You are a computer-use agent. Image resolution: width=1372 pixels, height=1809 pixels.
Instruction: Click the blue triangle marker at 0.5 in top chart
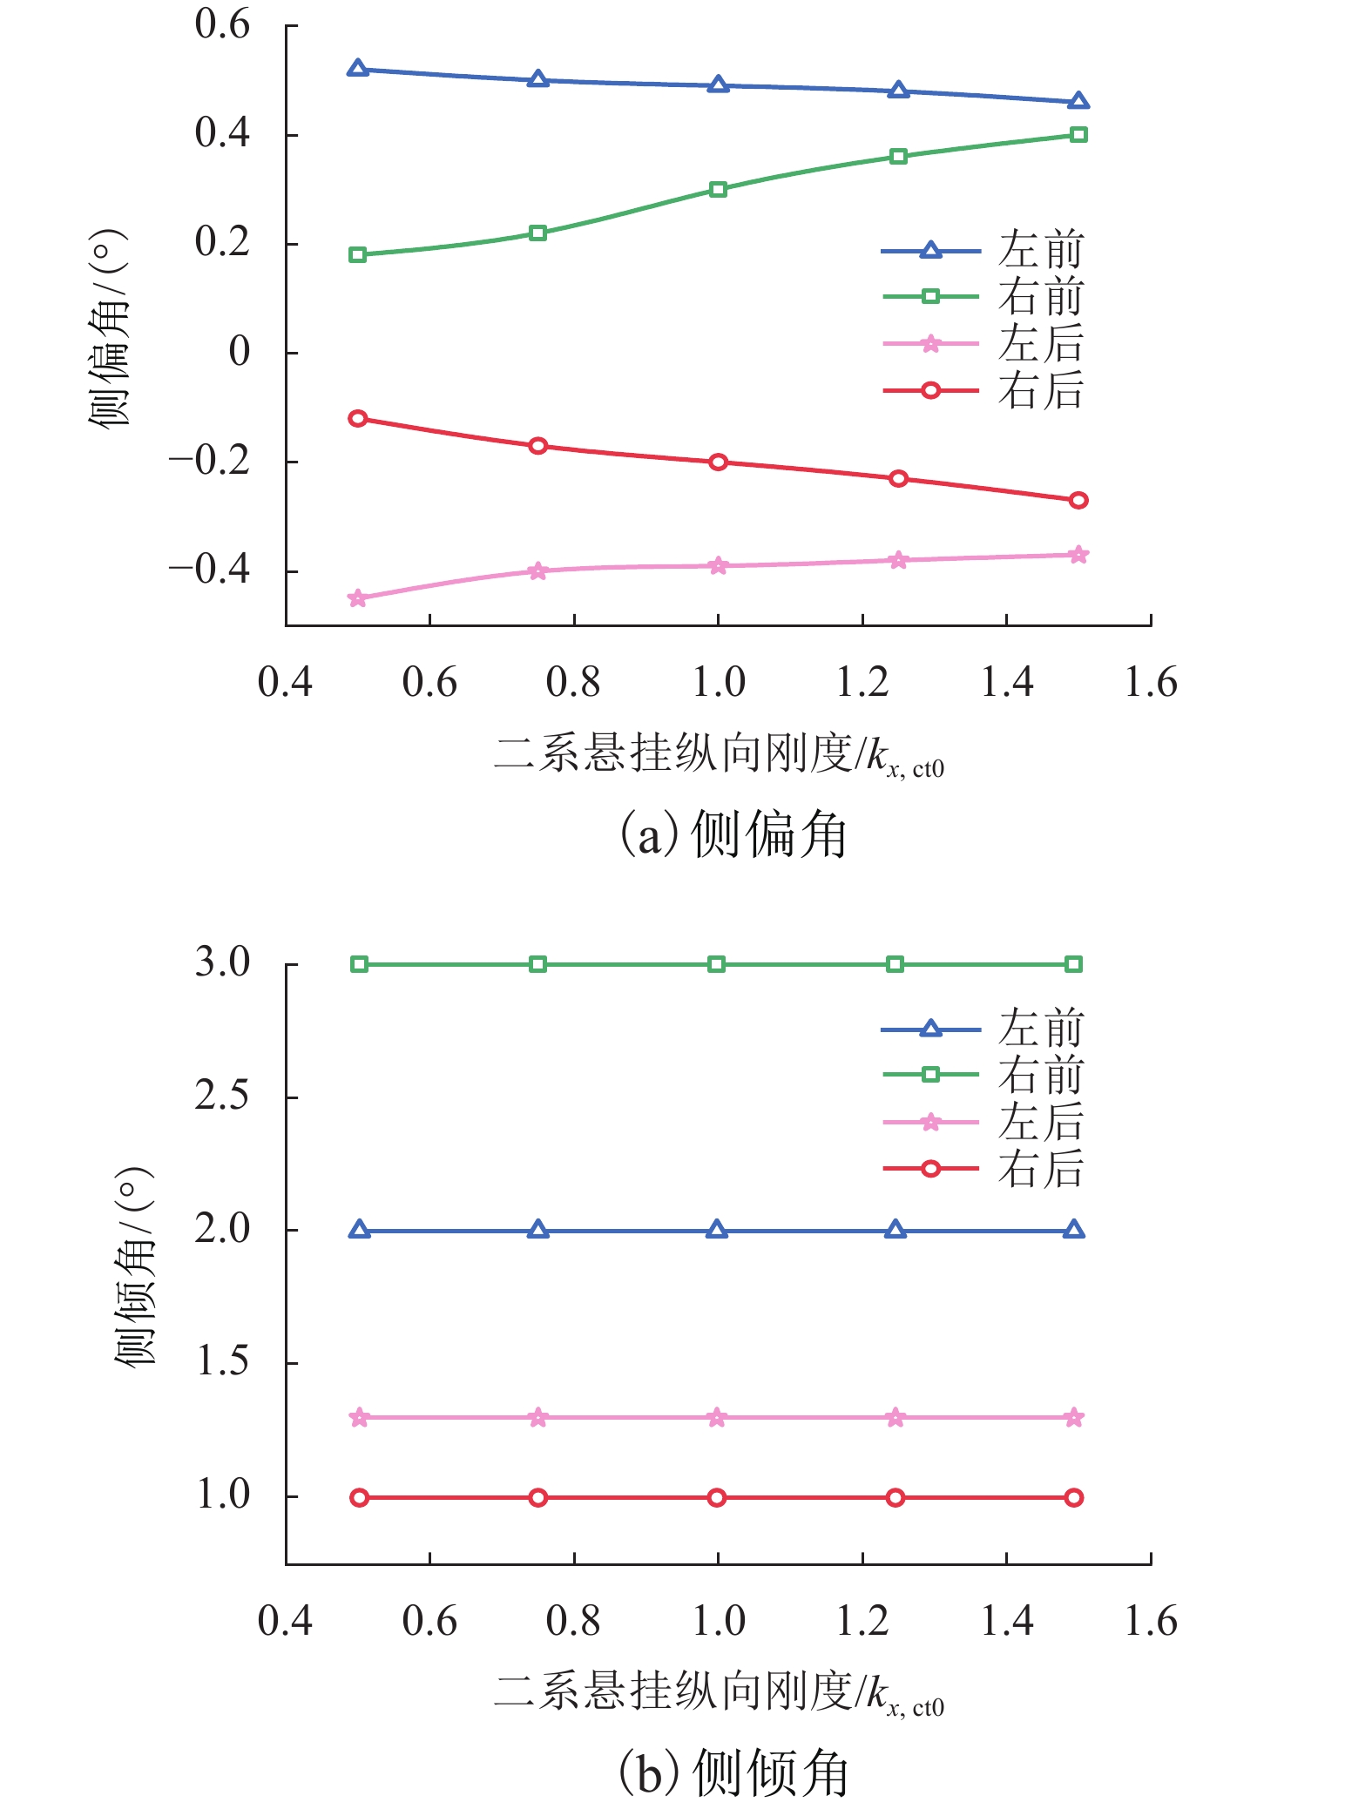click(x=357, y=69)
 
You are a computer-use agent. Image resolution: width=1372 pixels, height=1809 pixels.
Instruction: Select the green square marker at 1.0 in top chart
click(x=718, y=189)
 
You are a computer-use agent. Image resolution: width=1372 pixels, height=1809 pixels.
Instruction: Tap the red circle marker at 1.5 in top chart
click(x=1078, y=500)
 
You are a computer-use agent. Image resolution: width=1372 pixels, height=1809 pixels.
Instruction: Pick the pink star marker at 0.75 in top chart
click(x=537, y=571)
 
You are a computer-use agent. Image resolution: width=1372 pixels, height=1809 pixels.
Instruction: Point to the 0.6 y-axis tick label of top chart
click(x=222, y=24)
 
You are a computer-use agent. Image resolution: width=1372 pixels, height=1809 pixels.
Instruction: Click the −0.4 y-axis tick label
click(x=209, y=570)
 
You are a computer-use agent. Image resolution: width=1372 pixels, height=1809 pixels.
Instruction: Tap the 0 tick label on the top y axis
click(x=239, y=352)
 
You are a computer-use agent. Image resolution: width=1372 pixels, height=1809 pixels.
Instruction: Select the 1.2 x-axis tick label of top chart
click(x=862, y=682)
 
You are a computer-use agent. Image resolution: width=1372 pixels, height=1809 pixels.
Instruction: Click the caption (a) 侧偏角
click(x=733, y=834)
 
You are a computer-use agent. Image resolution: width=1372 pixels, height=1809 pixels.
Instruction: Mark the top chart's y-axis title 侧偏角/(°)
click(x=109, y=328)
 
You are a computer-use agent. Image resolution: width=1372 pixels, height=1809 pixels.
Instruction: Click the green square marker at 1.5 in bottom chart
click(x=1074, y=964)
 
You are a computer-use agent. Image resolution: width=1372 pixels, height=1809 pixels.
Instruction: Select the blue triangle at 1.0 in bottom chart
click(x=717, y=1231)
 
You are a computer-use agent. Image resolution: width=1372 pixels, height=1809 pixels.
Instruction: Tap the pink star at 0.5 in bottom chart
click(x=359, y=1418)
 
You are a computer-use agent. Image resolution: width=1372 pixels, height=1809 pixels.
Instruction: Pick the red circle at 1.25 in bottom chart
click(x=896, y=1497)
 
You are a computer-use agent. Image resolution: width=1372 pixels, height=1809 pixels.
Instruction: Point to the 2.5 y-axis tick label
click(x=222, y=1096)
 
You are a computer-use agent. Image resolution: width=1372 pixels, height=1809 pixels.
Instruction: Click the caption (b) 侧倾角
click(x=733, y=1772)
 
